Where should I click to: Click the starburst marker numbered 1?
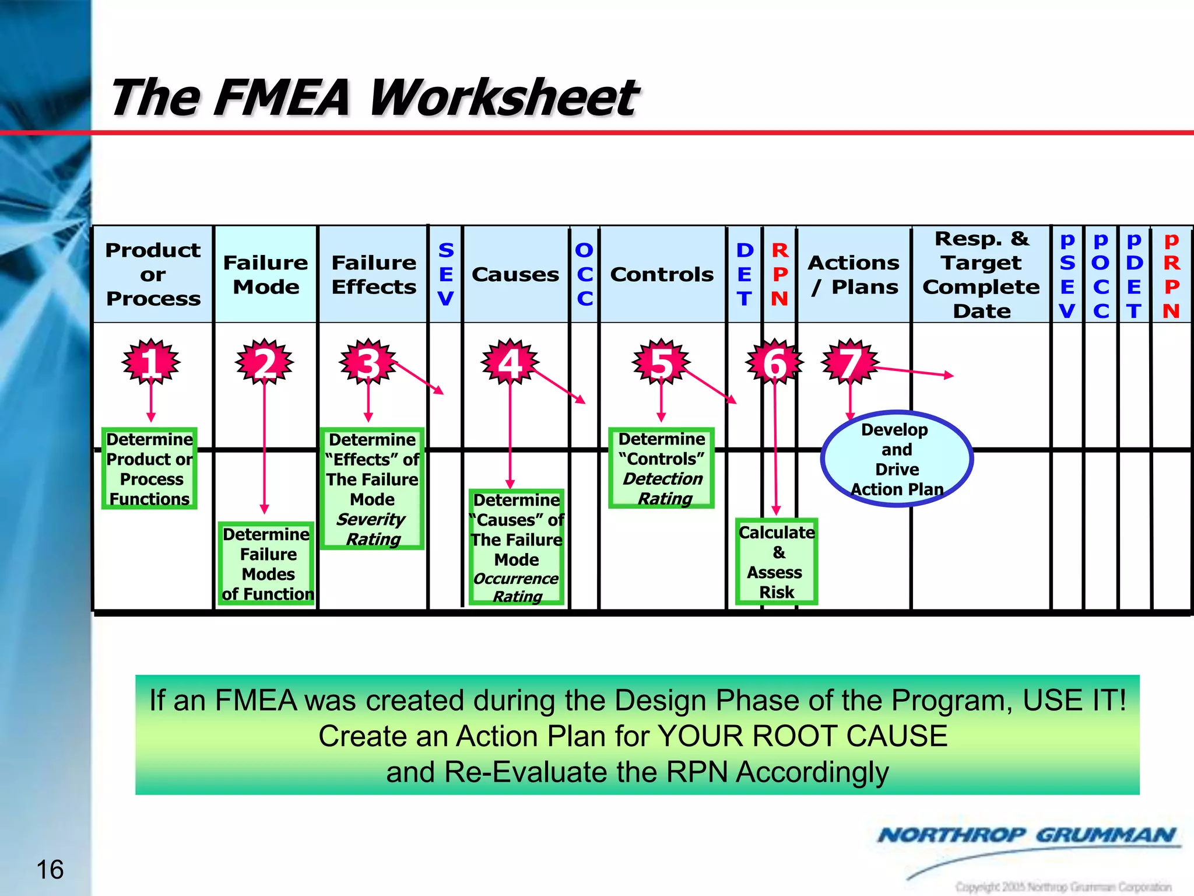[x=151, y=362]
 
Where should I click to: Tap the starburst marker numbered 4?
[x=510, y=362]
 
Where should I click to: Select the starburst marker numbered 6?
[x=775, y=362]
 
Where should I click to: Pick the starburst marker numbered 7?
[x=850, y=362]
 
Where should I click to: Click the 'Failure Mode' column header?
[x=266, y=274]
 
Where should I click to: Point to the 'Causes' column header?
[x=515, y=274]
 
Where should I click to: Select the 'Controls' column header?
[x=662, y=274]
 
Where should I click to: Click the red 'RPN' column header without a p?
[x=779, y=274]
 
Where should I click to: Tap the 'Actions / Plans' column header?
[x=854, y=274]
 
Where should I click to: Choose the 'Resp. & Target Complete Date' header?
[x=981, y=274]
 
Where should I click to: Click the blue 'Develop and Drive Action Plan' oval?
[x=897, y=459]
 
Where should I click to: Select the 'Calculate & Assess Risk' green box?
[x=777, y=562]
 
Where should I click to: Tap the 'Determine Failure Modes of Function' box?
[x=268, y=564]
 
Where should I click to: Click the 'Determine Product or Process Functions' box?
[x=150, y=468]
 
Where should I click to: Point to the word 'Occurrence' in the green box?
[x=516, y=579]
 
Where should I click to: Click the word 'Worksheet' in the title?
[x=504, y=97]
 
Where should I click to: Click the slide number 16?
[x=50, y=870]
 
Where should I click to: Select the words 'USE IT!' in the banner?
[x=1074, y=700]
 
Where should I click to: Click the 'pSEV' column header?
[x=1067, y=274]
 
